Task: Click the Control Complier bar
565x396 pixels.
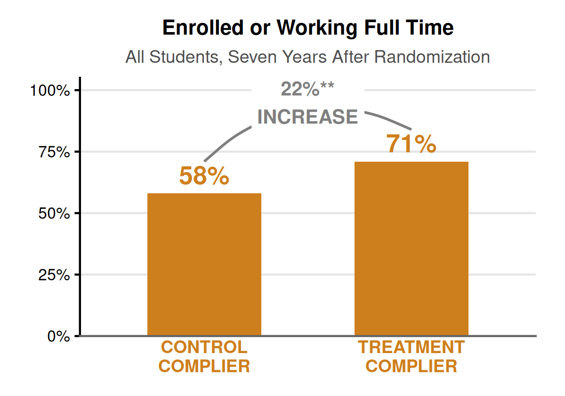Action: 204,264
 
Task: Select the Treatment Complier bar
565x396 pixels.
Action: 411,248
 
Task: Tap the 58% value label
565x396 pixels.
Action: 204,177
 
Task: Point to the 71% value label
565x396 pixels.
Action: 411,144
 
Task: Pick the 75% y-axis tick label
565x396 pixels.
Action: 54,152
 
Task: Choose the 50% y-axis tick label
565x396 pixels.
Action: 54,213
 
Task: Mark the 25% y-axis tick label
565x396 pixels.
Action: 54,274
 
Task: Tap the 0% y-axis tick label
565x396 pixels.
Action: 58,336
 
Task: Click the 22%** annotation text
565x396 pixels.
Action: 307,89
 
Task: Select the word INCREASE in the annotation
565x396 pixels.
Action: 307,117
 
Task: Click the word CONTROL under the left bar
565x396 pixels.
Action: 204,347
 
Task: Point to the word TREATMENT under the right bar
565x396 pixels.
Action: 411,347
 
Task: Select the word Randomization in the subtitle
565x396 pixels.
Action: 432,57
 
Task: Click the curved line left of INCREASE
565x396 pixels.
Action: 226,139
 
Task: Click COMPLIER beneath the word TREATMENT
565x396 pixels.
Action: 411,366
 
